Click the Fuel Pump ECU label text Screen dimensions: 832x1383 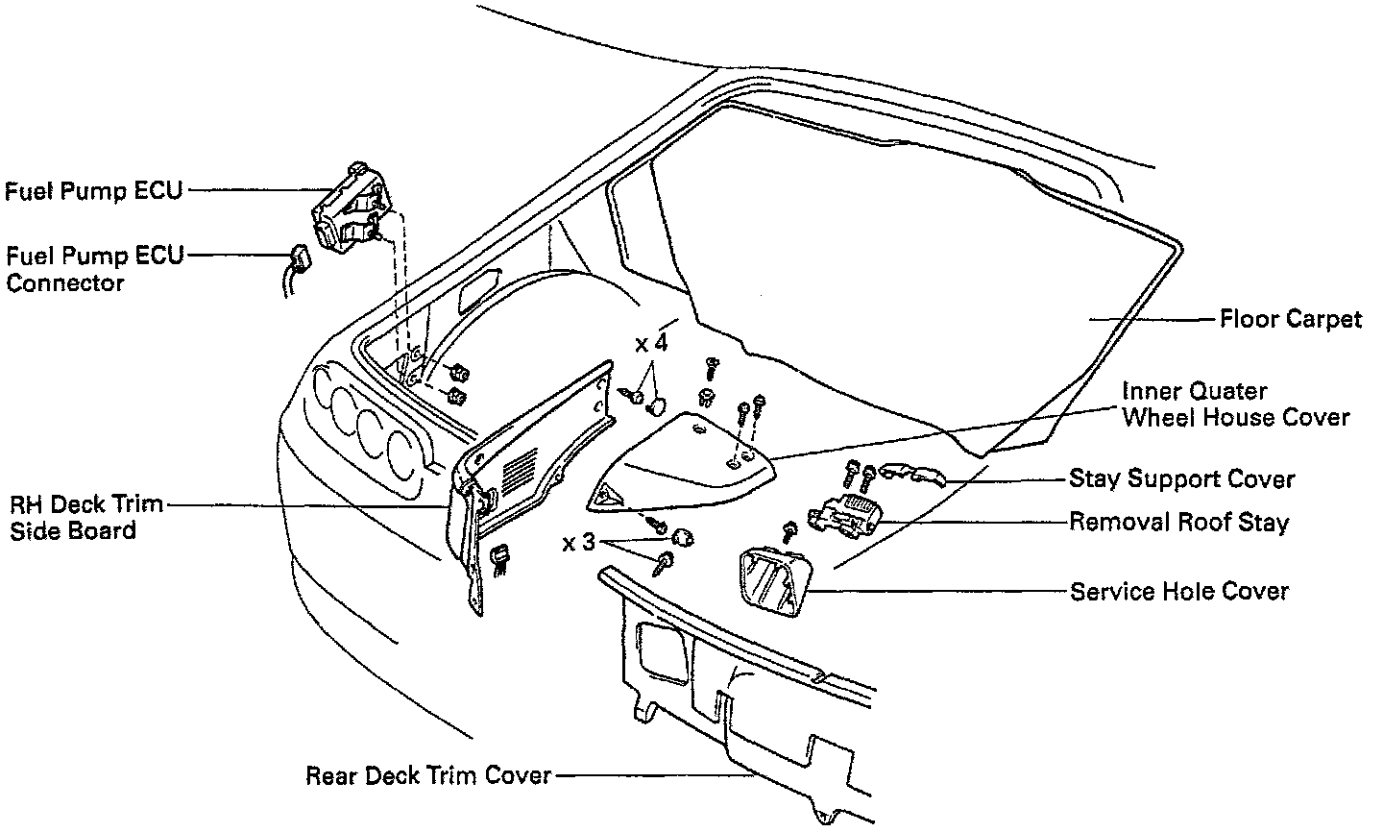(92, 190)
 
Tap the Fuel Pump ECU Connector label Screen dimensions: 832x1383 (92, 269)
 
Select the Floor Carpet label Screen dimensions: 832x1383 (1290, 319)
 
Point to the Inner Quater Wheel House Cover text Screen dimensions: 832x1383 (1235, 404)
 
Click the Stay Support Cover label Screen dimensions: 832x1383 (1181, 478)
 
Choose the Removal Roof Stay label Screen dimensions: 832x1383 (1178, 523)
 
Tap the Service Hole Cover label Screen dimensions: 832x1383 (1178, 590)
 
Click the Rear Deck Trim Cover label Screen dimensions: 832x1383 (428, 774)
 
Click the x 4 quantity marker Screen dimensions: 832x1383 (650, 343)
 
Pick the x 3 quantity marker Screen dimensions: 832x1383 (578, 544)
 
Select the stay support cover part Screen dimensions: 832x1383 (913, 474)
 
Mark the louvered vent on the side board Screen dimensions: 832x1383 (520, 470)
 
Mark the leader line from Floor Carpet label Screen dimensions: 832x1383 (1152, 319)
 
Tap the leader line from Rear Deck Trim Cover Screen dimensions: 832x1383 (653, 774)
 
